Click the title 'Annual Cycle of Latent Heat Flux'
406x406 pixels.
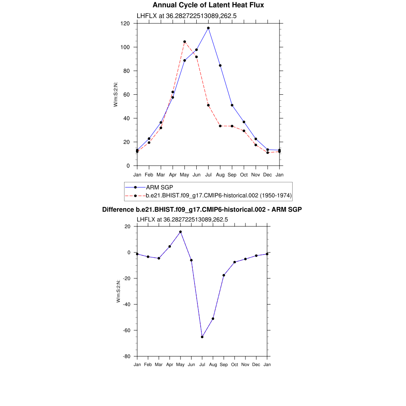208,5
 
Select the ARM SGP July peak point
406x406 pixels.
208,28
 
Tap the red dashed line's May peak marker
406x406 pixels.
184,42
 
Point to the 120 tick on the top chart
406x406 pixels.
126,23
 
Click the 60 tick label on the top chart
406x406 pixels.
127,94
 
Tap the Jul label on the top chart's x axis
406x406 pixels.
208,174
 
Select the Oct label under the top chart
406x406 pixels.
244,174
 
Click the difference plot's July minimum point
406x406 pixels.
202,337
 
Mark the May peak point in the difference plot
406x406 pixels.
180,232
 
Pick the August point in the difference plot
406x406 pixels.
213,319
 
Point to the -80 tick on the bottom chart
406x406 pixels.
127,356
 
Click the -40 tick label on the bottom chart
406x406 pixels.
127,304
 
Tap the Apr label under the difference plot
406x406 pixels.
170,364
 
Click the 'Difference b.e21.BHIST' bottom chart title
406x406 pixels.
202,209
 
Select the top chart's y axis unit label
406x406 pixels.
116,94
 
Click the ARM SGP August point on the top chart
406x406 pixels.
220,65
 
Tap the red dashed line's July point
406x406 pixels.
208,105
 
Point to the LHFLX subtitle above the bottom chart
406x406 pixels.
182,219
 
